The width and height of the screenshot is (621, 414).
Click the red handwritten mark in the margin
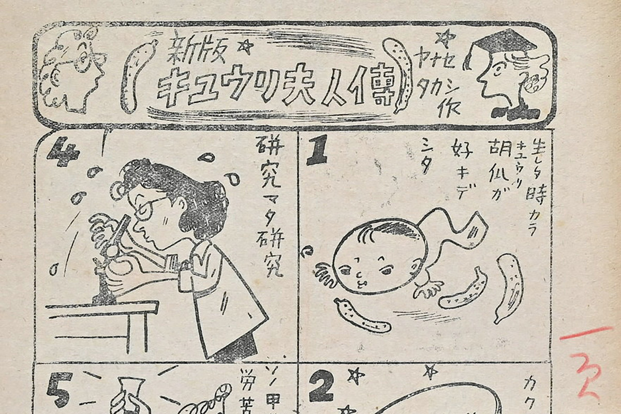point(587,362)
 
